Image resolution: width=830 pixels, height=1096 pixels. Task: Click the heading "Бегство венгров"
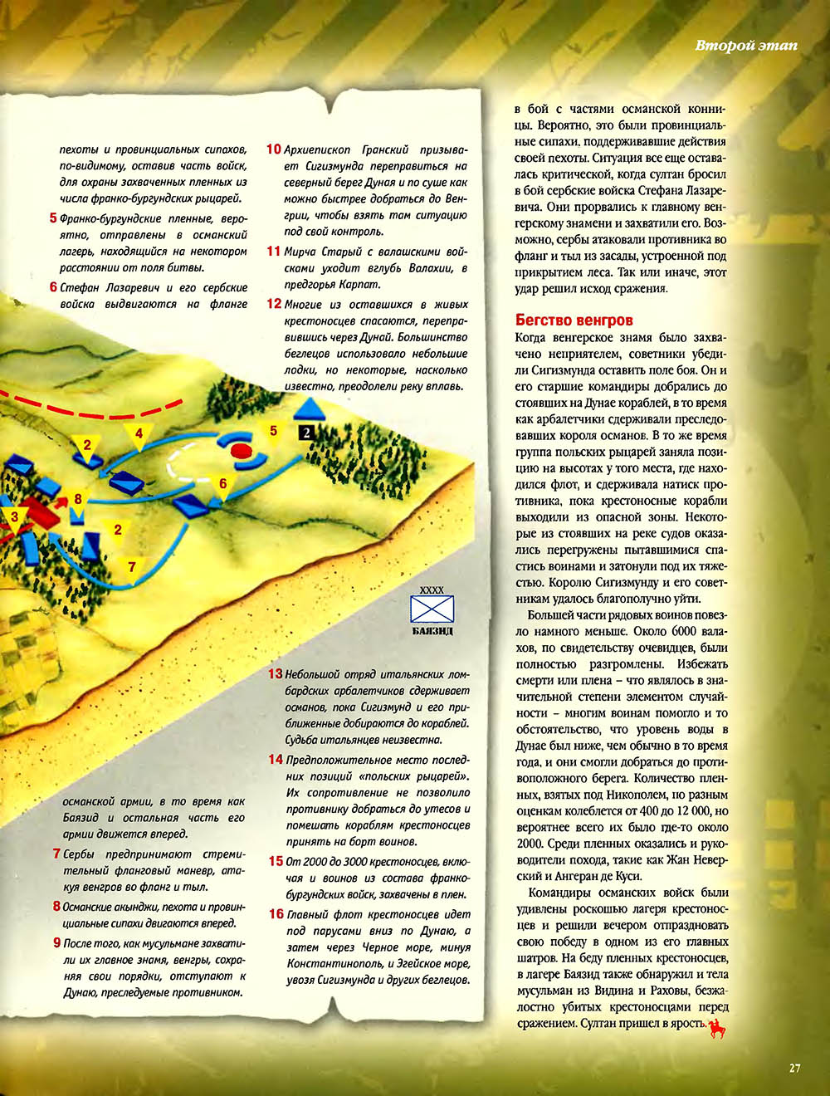574,320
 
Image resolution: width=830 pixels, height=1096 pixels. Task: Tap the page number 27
794,1068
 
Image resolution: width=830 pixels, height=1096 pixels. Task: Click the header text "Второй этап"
745,45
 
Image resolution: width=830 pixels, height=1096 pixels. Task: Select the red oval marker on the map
241,450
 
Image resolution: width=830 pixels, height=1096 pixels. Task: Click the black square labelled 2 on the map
306,432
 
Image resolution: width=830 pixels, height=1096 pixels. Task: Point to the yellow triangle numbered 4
139,434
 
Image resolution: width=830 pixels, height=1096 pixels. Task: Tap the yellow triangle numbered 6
222,485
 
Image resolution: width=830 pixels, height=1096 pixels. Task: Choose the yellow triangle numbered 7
131,567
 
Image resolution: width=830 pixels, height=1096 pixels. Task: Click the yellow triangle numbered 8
78,501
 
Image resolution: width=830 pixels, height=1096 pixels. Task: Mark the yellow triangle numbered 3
14,518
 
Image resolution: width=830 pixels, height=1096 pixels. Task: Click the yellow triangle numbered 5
273,431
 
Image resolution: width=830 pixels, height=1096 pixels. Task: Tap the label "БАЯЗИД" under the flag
432,631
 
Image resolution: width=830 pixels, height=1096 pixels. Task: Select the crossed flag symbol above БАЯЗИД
432,609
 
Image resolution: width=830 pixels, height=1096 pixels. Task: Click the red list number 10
274,149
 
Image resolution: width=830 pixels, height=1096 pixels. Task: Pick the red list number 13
275,674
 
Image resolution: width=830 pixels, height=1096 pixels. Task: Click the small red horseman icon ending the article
718,1028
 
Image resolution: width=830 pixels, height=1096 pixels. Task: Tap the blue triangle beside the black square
309,409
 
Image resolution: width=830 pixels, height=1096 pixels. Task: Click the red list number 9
57,942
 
